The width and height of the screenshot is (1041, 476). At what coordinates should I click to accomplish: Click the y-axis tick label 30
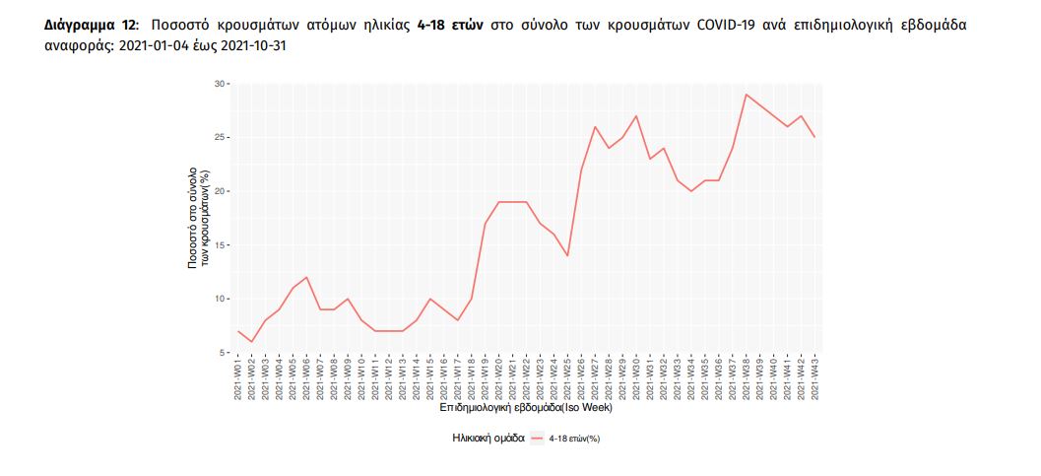(x=220, y=84)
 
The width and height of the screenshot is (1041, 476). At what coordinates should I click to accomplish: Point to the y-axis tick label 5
(x=222, y=352)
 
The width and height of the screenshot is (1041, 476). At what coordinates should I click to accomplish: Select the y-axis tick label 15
(x=220, y=244)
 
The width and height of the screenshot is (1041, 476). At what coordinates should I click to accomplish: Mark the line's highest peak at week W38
(x=746, y=95)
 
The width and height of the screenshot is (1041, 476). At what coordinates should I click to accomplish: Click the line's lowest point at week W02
(x=252, y=342)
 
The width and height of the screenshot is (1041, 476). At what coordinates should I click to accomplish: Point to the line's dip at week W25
(x=567, y=255)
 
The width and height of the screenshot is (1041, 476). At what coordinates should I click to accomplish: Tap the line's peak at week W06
(x=307, y=277)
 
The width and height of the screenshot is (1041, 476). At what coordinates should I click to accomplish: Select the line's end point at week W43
(x=814, y=137)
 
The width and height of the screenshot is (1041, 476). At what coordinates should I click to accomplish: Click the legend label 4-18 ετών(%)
(x=575, y=438)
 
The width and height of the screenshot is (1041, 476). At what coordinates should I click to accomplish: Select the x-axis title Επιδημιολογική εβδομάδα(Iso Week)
(x=527, y=406)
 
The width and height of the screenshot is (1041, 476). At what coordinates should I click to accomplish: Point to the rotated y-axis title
(x=200, y=218)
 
